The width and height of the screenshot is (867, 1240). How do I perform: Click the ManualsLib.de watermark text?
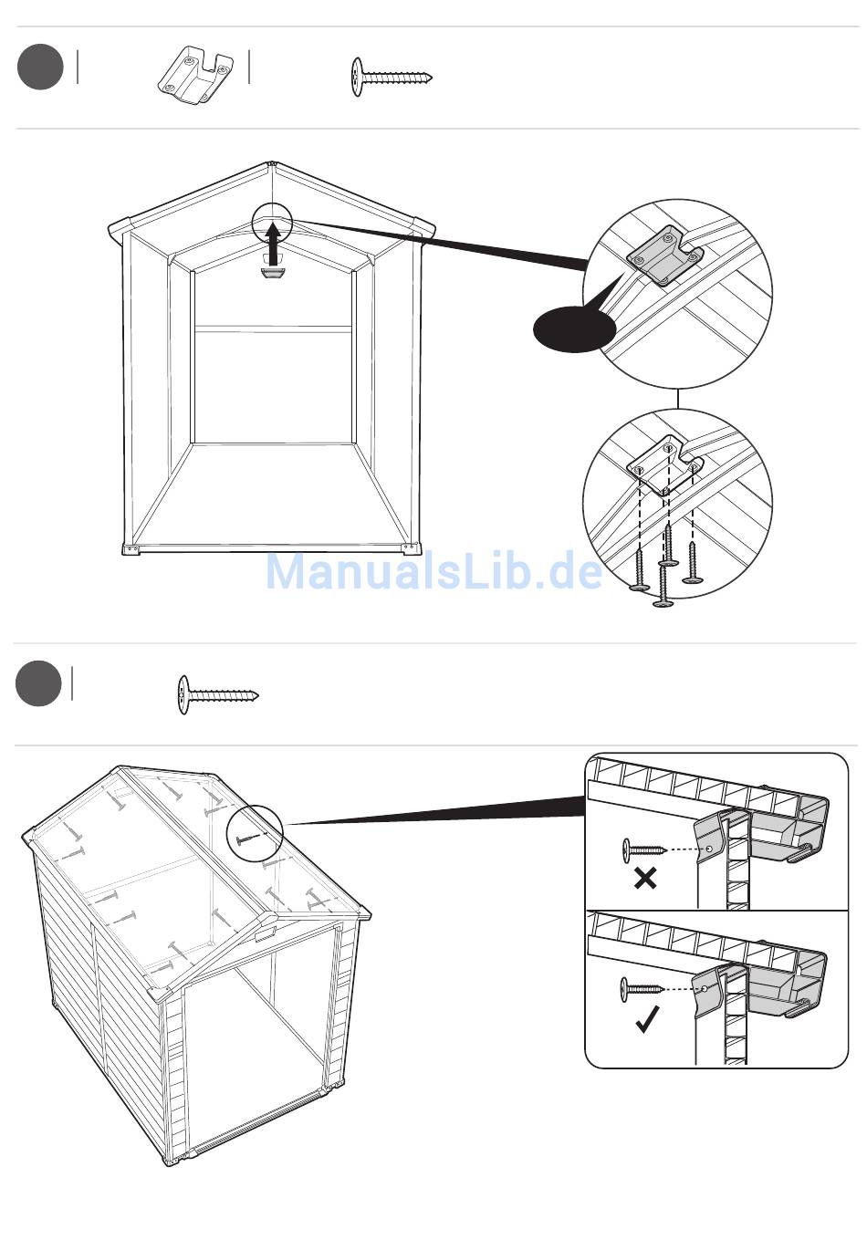tap(433, 571)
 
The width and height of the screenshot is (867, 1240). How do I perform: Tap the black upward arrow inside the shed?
tap(272, 245)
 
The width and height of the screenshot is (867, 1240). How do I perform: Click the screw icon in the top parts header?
tap(392, 77)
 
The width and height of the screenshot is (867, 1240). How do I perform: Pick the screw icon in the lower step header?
tap(218, 694)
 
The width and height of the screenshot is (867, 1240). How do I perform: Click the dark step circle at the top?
tap(40, 68)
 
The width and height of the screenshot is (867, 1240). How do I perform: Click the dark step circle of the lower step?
tap(38, 683)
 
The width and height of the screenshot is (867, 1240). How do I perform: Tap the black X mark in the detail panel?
tap(645, 878)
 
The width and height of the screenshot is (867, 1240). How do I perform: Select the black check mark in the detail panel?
tap(647, 1019)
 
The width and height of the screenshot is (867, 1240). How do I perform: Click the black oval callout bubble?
tap(574, 328)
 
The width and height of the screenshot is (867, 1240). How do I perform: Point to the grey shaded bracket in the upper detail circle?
tap(664, 255)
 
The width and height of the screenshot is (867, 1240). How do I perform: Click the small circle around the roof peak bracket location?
tap(271, 223)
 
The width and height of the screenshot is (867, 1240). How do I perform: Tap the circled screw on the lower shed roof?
tap(249, 839)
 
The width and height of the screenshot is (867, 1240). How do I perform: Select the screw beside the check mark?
tap(642, 989)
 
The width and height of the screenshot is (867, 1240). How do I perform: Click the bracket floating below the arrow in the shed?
tap(272, 273)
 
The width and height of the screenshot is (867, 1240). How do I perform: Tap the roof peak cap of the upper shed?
tap(272, 163)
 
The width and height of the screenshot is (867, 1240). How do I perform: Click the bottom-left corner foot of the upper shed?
tap(131, 548)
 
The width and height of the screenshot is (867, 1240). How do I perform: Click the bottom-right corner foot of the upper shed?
tap(412, 547)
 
